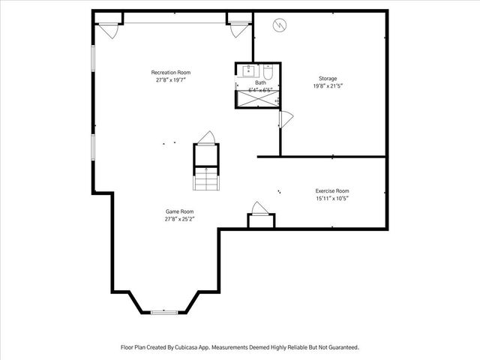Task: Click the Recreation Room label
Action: (x=170, y=72)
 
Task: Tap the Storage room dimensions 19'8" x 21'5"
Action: (x=327, y=86)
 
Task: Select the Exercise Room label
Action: (x=331, y=190)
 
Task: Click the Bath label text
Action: (x=260, y=82)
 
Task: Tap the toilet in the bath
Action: (x=268, y=72)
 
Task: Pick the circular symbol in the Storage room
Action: (x=279, y=25)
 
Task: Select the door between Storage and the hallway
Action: (x=286, y=118)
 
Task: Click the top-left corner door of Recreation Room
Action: (x=107, y=30)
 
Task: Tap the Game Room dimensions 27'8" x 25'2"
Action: (x=180, y=220)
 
